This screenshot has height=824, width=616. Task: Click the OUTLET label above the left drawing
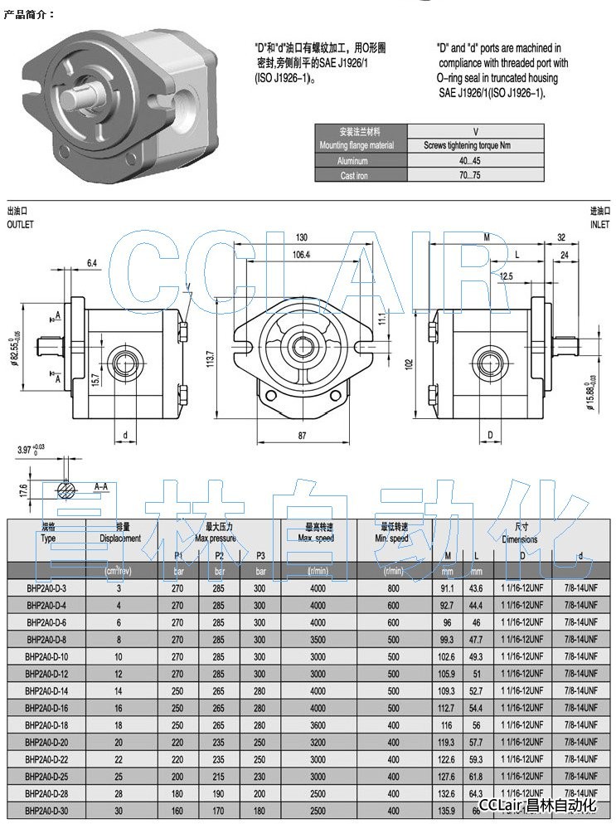click(x=21, y=225)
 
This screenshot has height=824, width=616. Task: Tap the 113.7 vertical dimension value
click(x=211, y=358)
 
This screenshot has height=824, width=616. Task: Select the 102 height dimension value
click(x=409, y=363)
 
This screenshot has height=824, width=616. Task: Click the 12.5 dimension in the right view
click(x=507, y=275)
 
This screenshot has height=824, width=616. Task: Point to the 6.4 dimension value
click(x=92, y=263)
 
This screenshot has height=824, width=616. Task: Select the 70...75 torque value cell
click(x=476, y=175)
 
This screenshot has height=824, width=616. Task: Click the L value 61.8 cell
click(x=476, y=776)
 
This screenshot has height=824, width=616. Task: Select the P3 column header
click(x=259, y=555)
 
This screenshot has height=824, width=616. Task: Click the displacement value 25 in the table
click(x=119, y=776)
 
